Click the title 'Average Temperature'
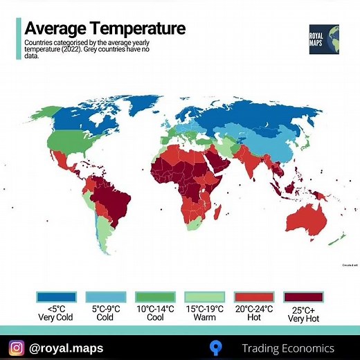click(105, 28)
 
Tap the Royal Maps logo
click(324, 40)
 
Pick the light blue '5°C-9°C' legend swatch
click(105, 296)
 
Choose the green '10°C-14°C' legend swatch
click(154, 296)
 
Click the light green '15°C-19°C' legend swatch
click(204, 296)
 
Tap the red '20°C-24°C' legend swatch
click(254, 296)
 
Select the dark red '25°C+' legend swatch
click(304, 296)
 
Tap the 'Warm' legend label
click(204, 317)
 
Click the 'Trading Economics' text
click(287, 348)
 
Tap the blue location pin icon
click(217, 348)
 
